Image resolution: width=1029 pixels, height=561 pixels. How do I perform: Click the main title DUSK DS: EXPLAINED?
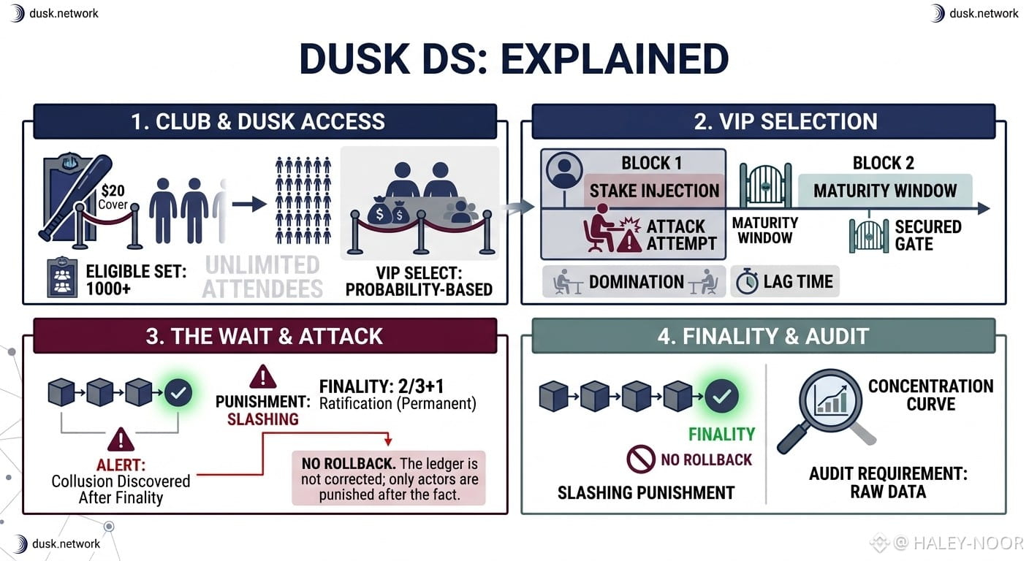[514, 58]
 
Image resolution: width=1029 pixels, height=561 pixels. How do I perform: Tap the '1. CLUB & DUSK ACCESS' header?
[265, 122]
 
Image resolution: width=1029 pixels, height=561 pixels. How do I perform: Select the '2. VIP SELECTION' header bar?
[764, 122]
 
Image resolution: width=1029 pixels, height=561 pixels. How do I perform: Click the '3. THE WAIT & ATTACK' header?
[265, 336]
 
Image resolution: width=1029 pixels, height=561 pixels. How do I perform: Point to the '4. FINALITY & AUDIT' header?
[764, 336]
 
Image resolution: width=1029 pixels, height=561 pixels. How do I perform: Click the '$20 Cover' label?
[113, 197]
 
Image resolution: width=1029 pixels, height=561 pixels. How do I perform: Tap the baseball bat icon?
[76, 197]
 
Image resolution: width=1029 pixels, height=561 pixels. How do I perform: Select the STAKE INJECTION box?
[654, 191]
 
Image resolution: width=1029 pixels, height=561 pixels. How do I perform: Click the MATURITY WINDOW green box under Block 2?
[885, 191]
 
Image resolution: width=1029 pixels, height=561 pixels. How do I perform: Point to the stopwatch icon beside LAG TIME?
[747, 281]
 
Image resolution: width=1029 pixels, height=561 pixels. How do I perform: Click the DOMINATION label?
[637, 282]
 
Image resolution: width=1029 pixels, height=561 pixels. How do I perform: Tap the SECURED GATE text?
[928, 235]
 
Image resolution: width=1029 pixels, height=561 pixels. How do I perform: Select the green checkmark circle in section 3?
[178, 393]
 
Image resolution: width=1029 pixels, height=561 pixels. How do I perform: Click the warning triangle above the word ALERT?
[121, 440]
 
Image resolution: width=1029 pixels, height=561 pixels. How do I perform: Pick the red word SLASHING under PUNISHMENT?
[263, 419]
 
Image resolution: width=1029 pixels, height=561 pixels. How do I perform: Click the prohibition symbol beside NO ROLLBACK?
[641, 459]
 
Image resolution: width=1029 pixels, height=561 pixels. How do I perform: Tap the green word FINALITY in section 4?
[721, 435]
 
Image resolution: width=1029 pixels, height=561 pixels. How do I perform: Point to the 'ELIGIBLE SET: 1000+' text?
[136, 280]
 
